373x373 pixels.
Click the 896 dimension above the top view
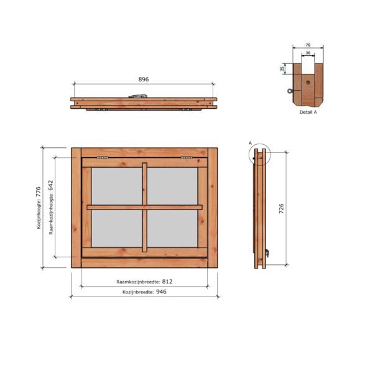144,80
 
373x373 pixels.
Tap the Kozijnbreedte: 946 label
144,291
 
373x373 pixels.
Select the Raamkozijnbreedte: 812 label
144,281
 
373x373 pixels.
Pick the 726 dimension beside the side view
281,208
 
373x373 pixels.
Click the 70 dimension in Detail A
308,45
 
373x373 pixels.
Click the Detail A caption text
308,113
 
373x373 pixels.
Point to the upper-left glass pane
117,186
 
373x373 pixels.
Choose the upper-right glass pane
172,186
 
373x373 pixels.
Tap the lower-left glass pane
117,228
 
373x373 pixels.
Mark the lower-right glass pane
172,228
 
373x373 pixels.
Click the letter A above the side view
250,143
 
